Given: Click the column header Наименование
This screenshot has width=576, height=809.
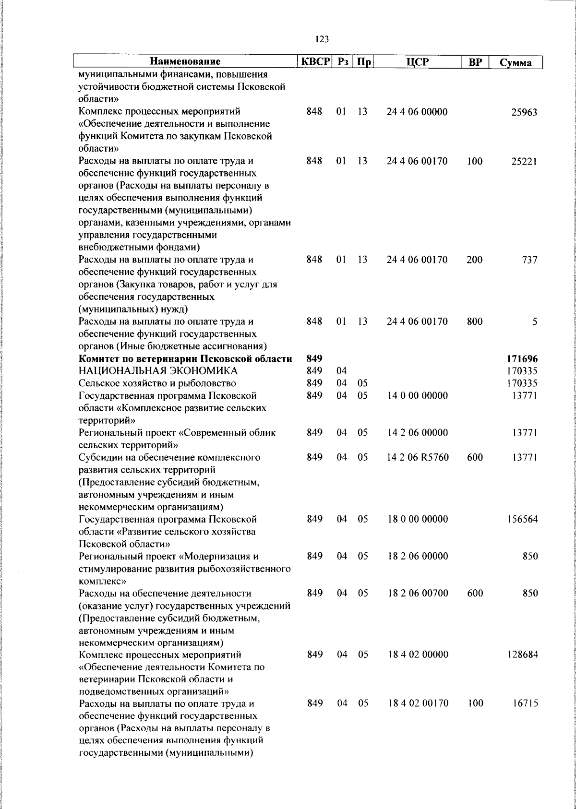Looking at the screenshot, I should pos(185,62).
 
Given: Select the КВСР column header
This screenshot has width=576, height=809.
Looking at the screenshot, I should pos(314,62).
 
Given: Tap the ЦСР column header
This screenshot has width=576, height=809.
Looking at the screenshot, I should pos(417,62).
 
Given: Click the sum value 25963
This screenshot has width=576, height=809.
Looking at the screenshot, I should pos(524,113).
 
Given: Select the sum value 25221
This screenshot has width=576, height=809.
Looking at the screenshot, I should pos(524,162).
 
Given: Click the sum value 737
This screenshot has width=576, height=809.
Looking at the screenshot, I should pos(529,260).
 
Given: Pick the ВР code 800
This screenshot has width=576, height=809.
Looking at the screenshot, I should pos(474,322).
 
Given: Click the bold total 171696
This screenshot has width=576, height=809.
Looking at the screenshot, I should pos(522,359).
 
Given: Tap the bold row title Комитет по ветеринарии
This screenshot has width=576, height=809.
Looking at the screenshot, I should pos(185,359).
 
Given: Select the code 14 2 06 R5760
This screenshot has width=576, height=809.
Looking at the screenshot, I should pos(418,457).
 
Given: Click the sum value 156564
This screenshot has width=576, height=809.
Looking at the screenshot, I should pos(522,519).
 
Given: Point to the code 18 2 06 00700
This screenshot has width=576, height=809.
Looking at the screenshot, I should pos(418,593).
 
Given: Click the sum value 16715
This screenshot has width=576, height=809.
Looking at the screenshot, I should pos(524,704).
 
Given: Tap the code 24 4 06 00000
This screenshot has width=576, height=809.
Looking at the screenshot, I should pos(417,112).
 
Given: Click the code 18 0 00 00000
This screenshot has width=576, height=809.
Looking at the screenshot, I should pos(418,519).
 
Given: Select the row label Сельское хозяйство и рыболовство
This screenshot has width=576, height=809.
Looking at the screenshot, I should pos(157,383).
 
